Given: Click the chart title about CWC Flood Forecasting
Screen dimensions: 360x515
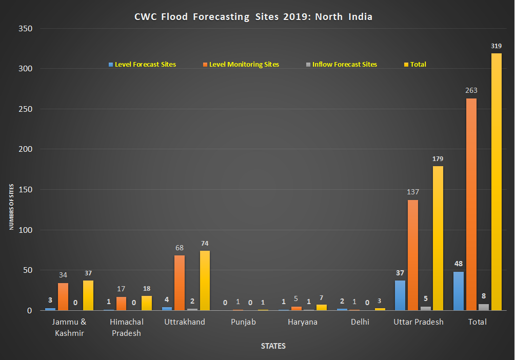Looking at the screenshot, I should pos(253,17).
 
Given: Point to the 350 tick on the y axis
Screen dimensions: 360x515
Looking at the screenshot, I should pos(26,29).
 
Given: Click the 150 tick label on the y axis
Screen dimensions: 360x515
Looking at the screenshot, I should pos(26,190).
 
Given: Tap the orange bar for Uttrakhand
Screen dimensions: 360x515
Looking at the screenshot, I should pos(180,283).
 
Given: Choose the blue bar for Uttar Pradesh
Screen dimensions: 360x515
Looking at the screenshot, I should pos(400,295).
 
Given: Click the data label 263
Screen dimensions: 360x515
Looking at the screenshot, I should pos(471,90).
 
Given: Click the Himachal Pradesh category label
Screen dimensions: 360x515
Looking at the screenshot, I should pos(127,327).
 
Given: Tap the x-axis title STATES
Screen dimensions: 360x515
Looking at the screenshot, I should pos(273,346).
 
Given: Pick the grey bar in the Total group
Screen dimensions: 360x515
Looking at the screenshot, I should pos(484,307).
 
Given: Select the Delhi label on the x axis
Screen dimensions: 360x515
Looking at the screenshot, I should pos(360,322).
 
